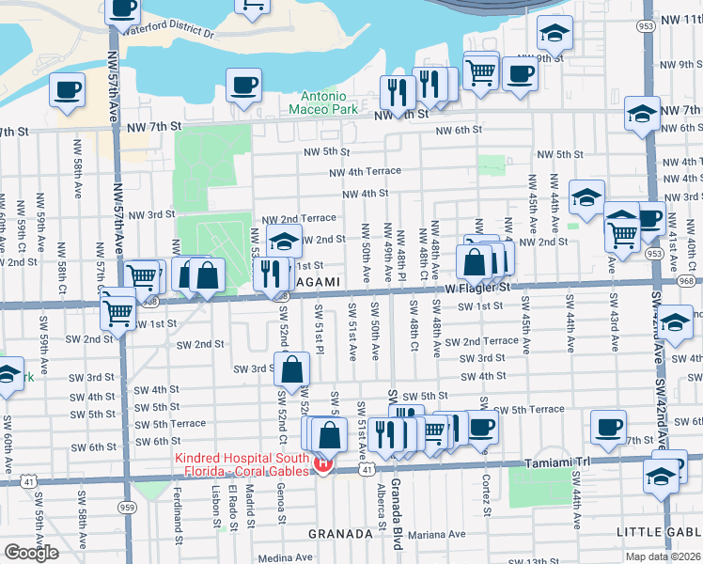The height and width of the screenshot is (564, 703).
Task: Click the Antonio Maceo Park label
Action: [x=329, y=102]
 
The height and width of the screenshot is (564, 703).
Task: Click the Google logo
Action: [x=31, y=553]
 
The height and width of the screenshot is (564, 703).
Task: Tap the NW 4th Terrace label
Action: [x=365, y=172]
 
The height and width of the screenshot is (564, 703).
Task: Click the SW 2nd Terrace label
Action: [x=482, y=341]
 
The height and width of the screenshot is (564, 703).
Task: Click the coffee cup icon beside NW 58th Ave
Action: [x=67, y=90]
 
